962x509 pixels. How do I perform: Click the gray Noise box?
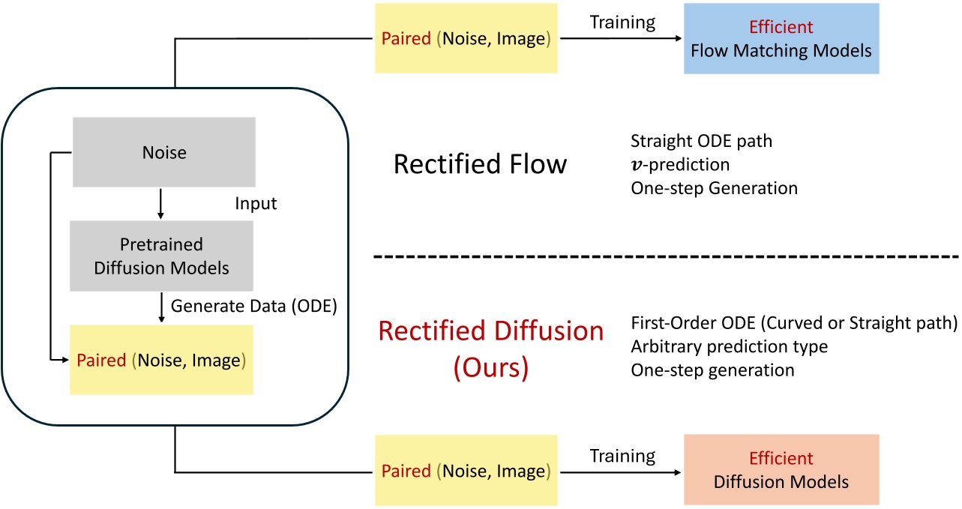163,152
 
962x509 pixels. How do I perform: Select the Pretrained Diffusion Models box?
162,255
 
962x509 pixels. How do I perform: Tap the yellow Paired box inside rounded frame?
161,360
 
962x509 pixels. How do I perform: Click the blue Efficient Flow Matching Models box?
781,39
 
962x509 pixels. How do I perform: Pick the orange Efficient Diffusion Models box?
781,469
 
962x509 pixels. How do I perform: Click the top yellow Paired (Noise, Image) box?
466,39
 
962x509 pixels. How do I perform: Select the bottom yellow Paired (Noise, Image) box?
466,470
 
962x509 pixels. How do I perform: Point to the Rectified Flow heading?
480,163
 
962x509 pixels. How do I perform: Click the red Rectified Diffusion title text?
491,331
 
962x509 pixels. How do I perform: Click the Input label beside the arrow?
256,203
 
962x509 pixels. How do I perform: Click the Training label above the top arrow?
622,22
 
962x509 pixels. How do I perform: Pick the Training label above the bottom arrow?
622,455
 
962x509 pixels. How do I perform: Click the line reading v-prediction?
680,163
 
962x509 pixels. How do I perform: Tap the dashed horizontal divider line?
667,257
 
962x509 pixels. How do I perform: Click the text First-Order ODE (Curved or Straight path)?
793,325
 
